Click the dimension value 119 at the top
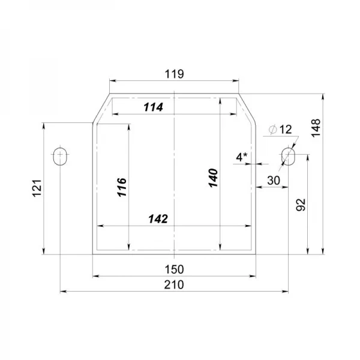[x=174, y=74]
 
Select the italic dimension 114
[x=154, y=107]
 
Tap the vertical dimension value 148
[x=316, y=128]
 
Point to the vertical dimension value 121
[x=37, y=188]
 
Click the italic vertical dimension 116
[x=122, y=187]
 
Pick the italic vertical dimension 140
[x=213, y=178]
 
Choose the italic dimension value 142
[x=158, y=219]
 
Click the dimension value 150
[x=174, y=269]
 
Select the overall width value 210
[x=174, y=284]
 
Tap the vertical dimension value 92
[x=301, y=205]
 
